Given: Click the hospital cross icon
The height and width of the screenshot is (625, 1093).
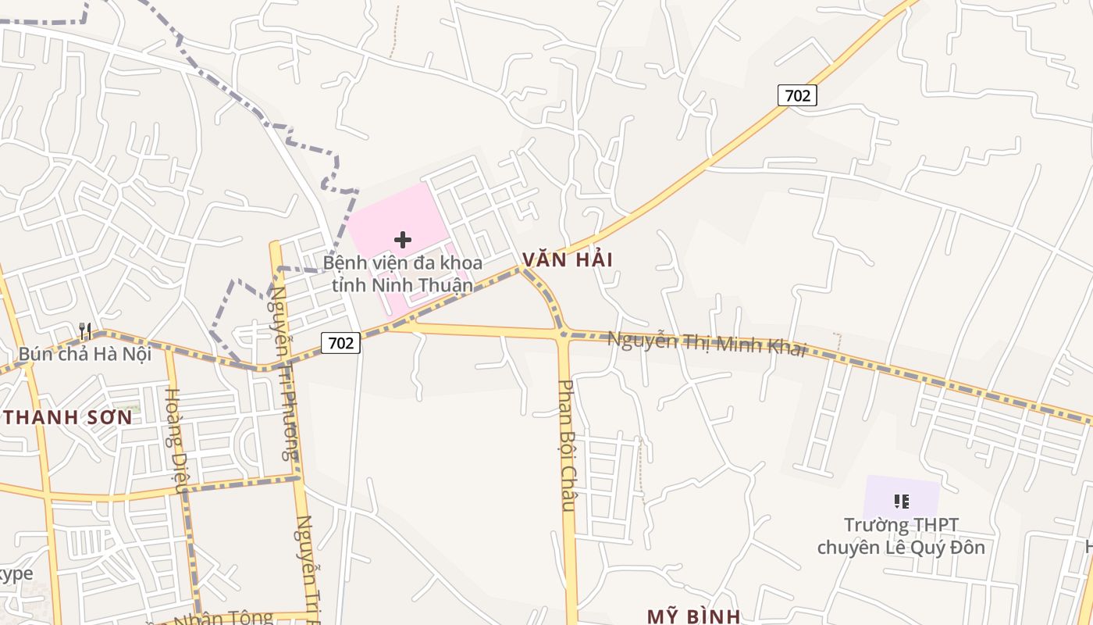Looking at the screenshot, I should [x=403, y=240].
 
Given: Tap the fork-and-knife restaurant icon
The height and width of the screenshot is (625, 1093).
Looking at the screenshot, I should [x=85, y=331].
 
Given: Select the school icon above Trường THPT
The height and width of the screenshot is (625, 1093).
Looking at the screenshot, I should [x=902, y=501].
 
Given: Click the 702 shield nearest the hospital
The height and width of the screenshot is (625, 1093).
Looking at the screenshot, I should [x=340, y=342].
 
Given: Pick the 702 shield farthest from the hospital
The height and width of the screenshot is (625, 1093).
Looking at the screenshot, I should [x=797, y=95].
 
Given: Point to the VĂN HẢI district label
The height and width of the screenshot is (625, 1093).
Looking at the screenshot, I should [x=568, y=259].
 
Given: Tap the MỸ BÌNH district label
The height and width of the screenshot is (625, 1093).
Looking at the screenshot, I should [x=693, y=616].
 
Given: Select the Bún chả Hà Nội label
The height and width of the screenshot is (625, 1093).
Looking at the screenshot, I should [x=84, y=354].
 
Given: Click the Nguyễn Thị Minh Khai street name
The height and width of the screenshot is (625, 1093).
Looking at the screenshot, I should [x=707, y=344].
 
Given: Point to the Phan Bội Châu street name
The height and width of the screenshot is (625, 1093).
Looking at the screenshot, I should [x=568, y=445].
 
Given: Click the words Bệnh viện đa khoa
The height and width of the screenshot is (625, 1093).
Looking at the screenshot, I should [x=403, y=262].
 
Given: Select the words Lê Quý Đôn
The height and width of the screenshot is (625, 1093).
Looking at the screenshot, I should [x=941, y=547].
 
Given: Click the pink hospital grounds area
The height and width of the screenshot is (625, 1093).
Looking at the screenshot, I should [x=383, y=215].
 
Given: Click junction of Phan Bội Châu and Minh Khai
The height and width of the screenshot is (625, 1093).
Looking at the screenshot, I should [x=562, y=335].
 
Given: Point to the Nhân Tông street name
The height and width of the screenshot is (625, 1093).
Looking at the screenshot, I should [x=230, y=618].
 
